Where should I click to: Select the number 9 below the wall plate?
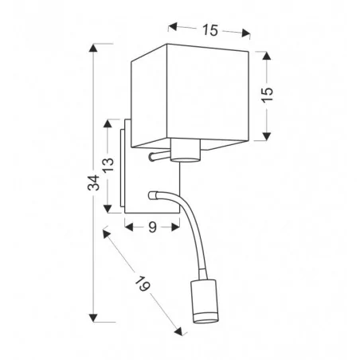coord(151,226)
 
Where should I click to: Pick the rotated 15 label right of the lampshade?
coord(267,93)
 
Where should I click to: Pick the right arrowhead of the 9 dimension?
coord(178,226)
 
